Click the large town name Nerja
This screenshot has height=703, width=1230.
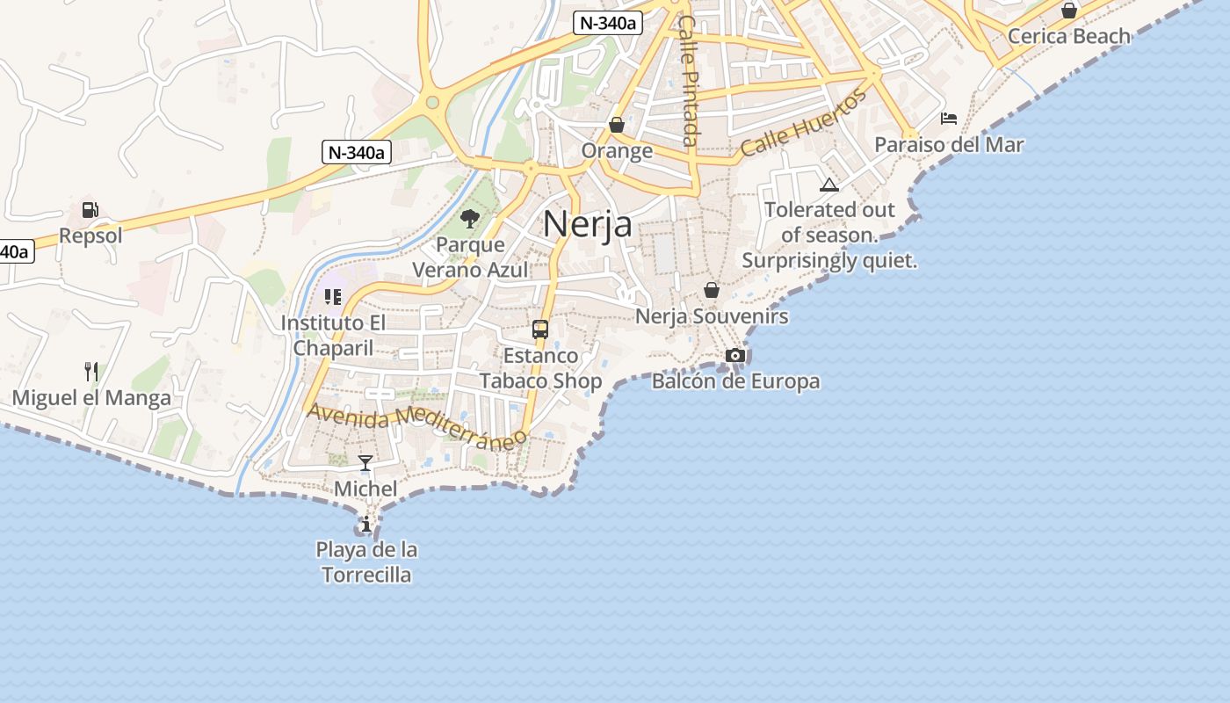point(587,224)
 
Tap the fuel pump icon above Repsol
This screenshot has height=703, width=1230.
point(90,210)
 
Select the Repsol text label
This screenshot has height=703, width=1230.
point(90,236)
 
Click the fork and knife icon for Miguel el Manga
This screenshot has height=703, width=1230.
point(90,371)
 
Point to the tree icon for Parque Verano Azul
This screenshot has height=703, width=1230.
point(470,219)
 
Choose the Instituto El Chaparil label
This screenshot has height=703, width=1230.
point(333,335)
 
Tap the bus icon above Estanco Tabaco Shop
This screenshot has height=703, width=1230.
point(540,330)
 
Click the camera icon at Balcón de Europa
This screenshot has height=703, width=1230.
point(735,355)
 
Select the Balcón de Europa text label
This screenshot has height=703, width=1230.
point(735,381)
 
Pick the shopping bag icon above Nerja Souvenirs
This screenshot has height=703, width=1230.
point(712,290)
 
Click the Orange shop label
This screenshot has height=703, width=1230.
point(617,150)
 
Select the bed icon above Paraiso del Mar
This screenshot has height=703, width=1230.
point(949,119)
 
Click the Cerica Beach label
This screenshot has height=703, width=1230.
point(1068,36)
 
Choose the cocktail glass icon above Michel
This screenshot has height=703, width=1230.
point(365,462)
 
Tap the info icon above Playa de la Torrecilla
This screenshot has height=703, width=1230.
point(365,525)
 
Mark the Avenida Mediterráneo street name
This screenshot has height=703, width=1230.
point(416,426)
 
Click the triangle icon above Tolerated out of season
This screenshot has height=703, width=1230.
point(828,185)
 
